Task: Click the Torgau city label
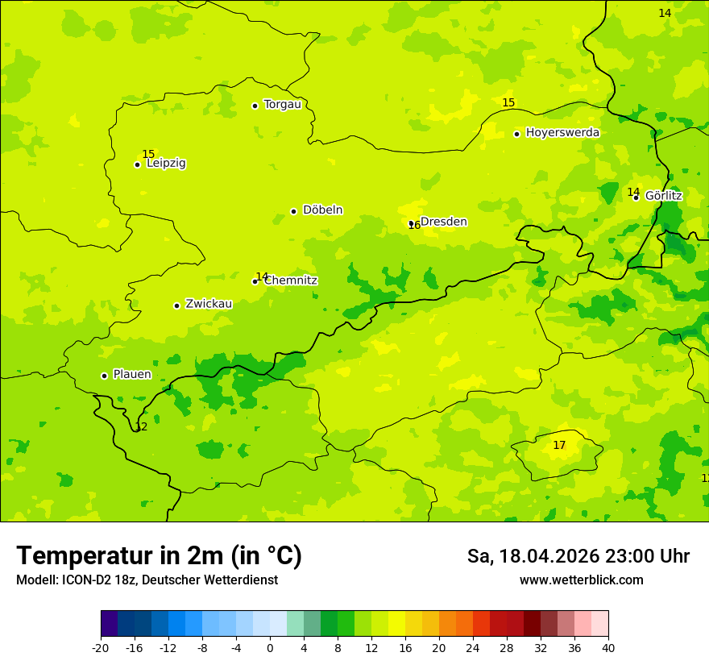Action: [282, 104]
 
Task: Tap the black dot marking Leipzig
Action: [137, 164]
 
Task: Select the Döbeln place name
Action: [322, 210]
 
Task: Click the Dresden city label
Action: [443, 222]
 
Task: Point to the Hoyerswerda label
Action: [562, 132]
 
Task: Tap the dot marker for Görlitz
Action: [636, 197]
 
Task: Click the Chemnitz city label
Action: [290, 280]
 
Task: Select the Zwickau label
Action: [209, 304]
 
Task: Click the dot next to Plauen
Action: [104, 376]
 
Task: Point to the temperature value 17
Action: [559, 445]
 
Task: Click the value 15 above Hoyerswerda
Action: [508, 102]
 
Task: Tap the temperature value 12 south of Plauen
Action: [141, 427]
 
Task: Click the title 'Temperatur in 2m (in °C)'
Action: [159, 555]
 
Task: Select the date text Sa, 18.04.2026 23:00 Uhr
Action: [578, 556]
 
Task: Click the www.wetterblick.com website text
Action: [581, 580]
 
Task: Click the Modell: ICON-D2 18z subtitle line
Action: [147, 580]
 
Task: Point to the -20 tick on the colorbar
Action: [101, 647]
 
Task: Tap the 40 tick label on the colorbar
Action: [608, 647]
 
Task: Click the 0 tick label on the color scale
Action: [270, 647]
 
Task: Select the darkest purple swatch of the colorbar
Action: [109, 624]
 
